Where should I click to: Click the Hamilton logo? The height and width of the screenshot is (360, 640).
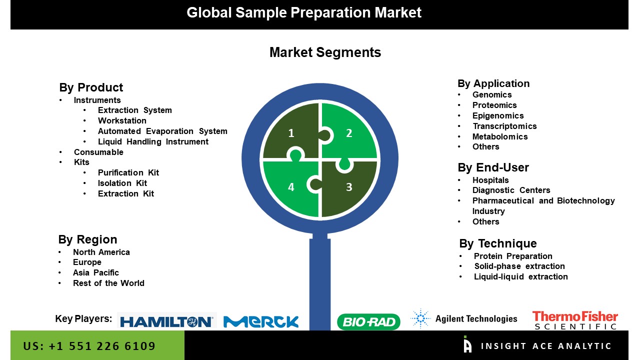coord(167,321)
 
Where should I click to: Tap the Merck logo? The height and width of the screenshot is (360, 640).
coord(261,321)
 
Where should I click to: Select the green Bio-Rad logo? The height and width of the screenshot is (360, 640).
coord(368,321)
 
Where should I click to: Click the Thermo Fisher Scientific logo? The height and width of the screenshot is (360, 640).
coord(575,320)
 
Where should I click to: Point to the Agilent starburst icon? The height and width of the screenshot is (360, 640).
coord(420,318)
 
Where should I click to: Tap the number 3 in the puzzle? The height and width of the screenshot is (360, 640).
coord(349,187)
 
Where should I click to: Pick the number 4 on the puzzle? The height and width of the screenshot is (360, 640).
coord(291,187)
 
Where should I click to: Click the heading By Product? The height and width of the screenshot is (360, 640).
coord(91,87)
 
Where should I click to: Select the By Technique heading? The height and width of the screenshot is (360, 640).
coord(498,243)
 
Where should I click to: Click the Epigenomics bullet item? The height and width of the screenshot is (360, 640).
coord(498,115)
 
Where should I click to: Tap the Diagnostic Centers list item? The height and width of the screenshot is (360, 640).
coord(511,190)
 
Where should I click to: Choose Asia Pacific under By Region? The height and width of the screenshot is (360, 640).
coord(95,273)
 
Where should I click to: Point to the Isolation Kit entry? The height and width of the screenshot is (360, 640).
coord(122,183)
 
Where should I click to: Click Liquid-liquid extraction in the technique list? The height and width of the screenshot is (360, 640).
coord(520,277)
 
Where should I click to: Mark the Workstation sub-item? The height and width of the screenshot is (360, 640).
coord(122,121)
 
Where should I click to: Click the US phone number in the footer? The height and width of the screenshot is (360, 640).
coord(89,346)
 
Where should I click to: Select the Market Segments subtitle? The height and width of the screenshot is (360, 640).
coord(325,52)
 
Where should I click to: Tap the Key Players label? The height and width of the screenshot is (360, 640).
coord(83,318)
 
